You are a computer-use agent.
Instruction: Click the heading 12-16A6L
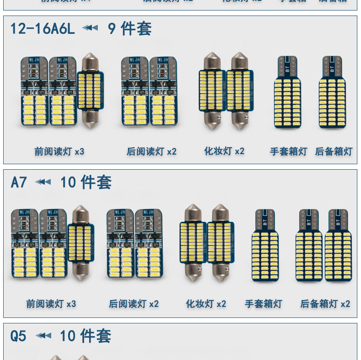(42, 29)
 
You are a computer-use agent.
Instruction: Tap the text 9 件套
(130, 29)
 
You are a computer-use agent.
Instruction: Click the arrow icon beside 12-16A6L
(90, 28)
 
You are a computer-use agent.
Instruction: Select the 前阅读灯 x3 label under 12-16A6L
(59, 151)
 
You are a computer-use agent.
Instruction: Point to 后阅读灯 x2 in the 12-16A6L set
(151, 151)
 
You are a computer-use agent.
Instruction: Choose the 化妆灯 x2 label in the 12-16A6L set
(224, 151)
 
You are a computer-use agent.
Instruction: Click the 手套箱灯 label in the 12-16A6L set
(288, 151)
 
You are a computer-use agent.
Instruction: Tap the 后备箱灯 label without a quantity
(334, 151)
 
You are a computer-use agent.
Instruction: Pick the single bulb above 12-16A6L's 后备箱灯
(333, 92)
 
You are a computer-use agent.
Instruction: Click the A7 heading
(19, 183)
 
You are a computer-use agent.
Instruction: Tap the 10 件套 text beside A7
(86, 183)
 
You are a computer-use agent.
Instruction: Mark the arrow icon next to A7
(43, 182)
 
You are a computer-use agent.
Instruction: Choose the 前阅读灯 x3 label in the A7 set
(51, 304)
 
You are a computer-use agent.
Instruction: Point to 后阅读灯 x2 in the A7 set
(133, 304)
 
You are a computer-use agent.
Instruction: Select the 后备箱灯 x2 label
(325, 304)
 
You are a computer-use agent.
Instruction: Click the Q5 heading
(18, 336)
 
